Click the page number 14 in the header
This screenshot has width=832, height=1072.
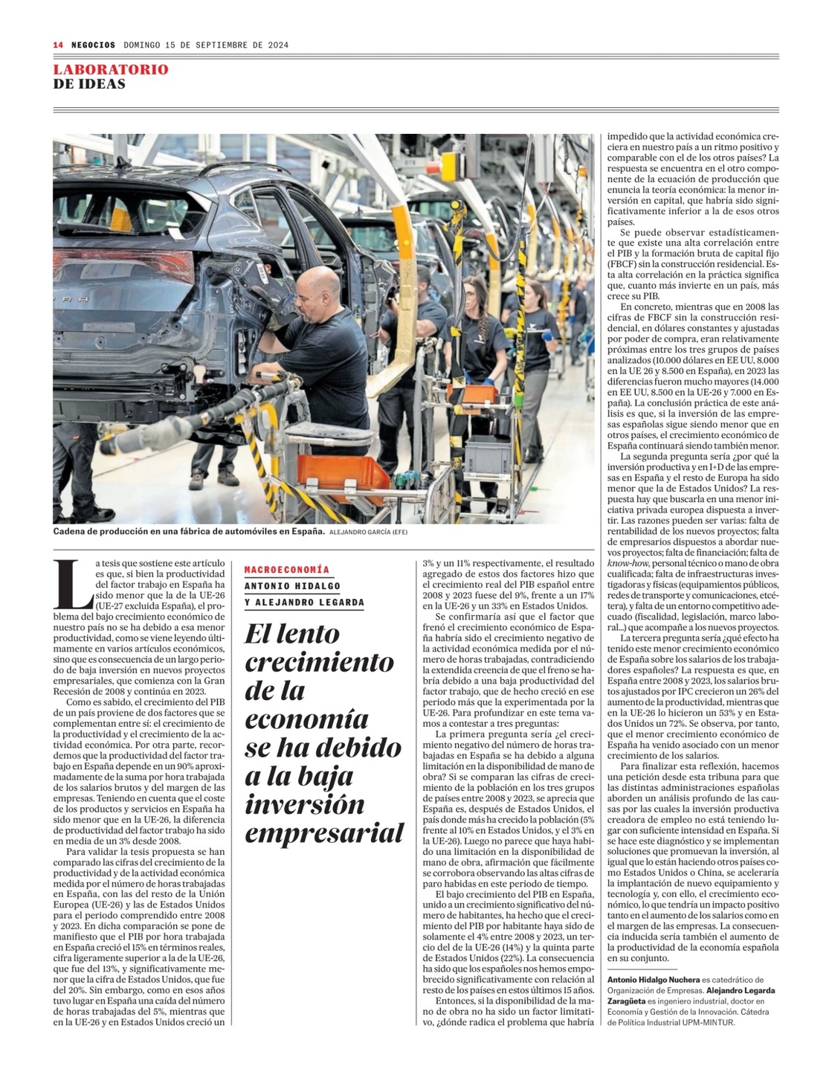coord(58,45)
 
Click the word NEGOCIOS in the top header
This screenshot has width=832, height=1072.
coord(93,45)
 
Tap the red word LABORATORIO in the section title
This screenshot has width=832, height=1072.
coord(111,69)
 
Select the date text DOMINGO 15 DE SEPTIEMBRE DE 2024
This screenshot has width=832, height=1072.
coord(206,45)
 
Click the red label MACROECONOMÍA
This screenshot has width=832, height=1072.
coord(287,570)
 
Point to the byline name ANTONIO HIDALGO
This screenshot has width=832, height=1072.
coord(292,585)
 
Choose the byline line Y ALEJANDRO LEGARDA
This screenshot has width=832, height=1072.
coord(305,603)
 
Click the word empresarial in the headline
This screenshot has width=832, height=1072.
coord(324,832)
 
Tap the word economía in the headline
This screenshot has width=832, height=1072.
coord(307,719)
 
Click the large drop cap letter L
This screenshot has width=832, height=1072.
coord(73,582)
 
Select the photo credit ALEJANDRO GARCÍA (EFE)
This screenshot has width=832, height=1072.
coord(369,532)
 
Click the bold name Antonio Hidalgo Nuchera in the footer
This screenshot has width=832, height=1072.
coord(654,980)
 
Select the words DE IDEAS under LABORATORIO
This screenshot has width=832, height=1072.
coord(89,84)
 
